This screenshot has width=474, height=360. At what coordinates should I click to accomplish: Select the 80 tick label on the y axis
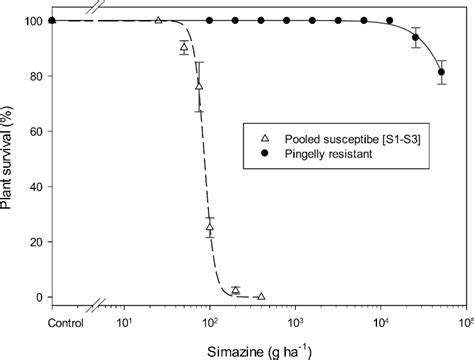(x=35, y=76)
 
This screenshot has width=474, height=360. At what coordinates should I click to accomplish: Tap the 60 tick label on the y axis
(x=35, y=131)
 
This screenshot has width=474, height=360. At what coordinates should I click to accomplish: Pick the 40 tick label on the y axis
(x=35, y=187)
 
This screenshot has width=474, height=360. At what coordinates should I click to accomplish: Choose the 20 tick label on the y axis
(x=35, y=242)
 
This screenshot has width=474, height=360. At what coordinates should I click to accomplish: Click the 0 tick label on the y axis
(x=39, y=297)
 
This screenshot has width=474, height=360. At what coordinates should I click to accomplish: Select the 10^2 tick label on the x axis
(x=210, y=322)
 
